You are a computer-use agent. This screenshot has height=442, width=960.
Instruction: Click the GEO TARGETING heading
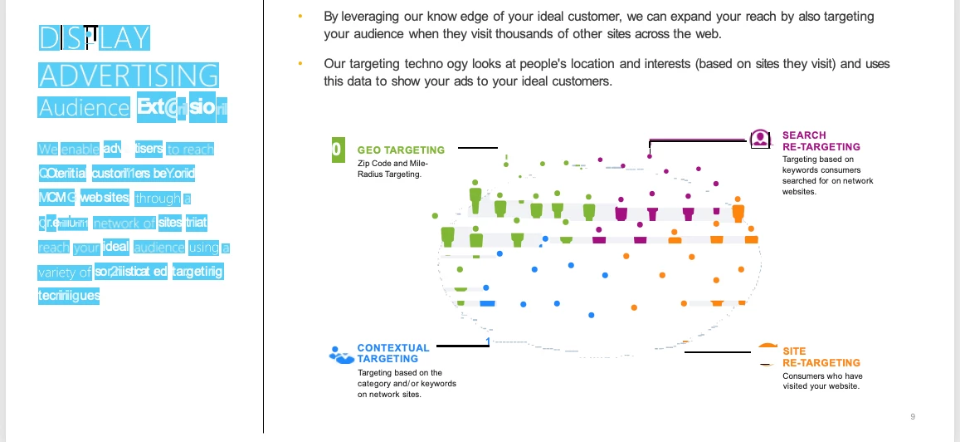click(401, 150)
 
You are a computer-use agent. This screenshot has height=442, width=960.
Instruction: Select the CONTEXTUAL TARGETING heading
click(393, 353)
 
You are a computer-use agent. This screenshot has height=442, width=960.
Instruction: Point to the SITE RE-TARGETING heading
click(821, 357)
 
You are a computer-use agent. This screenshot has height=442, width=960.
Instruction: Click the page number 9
click(913, 416)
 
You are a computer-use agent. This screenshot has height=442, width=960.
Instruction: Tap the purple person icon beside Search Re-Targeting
click(759, 139)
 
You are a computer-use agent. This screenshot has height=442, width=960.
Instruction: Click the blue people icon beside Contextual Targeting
click(340, 355)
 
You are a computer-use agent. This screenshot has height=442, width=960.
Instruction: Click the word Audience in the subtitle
click(84, 108)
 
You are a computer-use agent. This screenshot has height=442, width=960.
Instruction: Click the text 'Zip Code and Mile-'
click(392, 163)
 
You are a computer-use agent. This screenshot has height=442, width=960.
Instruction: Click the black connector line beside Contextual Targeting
click(462, 346)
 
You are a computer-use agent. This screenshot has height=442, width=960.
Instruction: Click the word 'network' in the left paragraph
click(124, 223)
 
